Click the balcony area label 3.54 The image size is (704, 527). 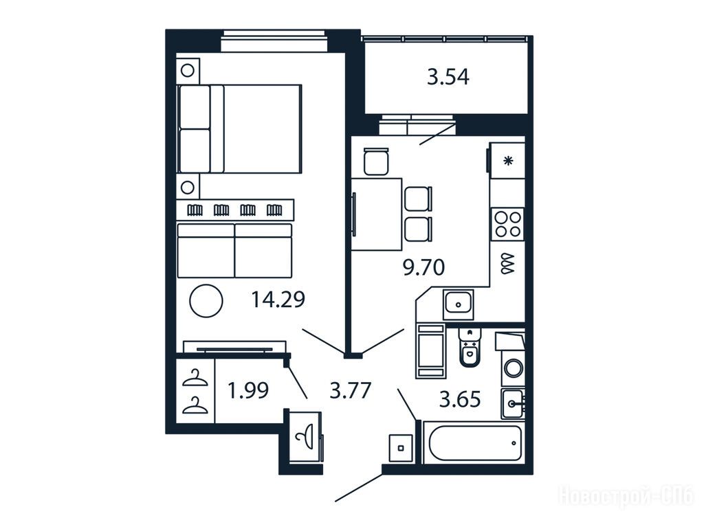pos(448,77)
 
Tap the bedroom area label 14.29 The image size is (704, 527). pos(278,300)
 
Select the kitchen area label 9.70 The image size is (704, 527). pos(423,267)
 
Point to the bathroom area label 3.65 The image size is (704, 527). pos(460,399)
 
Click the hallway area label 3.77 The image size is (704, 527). pos(350,390)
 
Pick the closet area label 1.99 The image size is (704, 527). pos(248,390)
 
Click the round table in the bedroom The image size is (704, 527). pos(206,301)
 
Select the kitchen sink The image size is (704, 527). pos(459,304)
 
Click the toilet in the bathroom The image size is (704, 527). pos(470,348)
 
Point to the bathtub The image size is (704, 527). pos(474,443)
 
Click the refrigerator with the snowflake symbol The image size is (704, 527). pos(507,160)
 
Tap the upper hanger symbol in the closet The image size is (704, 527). pos(195,378)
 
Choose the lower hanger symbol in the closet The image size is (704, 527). pos(195,405)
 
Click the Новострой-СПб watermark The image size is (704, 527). pos(626,496)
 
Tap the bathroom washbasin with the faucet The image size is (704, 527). pos(513,403)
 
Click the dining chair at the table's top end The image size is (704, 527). pos(376,161)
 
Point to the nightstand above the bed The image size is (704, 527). pos(188,71)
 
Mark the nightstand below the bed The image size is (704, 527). pos(188,187)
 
